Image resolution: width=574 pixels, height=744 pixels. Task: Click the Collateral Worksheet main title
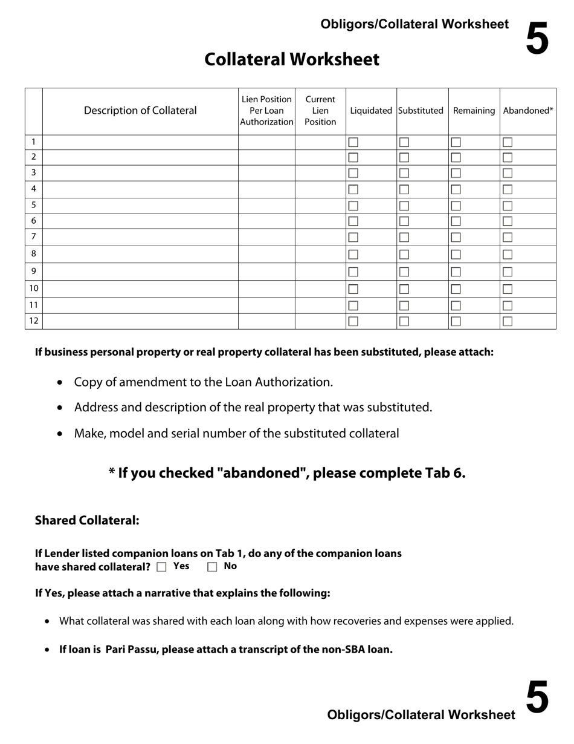click(x=292, y=59)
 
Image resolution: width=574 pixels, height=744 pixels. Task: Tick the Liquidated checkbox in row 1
click(x=353, y=142)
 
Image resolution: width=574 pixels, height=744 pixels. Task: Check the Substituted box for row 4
click(x=404, y=189)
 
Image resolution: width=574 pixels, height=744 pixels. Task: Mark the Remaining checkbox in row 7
click(x=456, y=237)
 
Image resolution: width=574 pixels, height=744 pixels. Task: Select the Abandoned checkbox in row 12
click(x=508, y=321)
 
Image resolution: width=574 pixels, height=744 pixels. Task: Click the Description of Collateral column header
click(x=140, y=111)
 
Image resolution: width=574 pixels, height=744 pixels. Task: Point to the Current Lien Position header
click(x=320, y=111)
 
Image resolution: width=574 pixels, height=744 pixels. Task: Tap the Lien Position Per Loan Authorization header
click(x=266, y=111)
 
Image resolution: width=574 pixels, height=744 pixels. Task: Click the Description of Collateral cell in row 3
click(x=140, y=173)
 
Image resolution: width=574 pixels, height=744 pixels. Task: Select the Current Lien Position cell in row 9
click(x=320, y=272)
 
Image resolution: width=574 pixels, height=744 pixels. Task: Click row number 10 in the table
click(x=34, y=289)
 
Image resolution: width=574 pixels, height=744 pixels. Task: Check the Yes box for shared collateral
click(x=161, y=567)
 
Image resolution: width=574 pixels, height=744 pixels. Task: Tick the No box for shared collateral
click(x=212, y=567)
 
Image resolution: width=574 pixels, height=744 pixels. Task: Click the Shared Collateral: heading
click(x=87, y=520)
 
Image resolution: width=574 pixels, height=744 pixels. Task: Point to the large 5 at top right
click(x=537, y=38)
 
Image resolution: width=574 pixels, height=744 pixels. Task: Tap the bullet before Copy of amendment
click(x=59, y=383)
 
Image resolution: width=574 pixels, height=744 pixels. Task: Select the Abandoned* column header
click(x=528, y=111)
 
